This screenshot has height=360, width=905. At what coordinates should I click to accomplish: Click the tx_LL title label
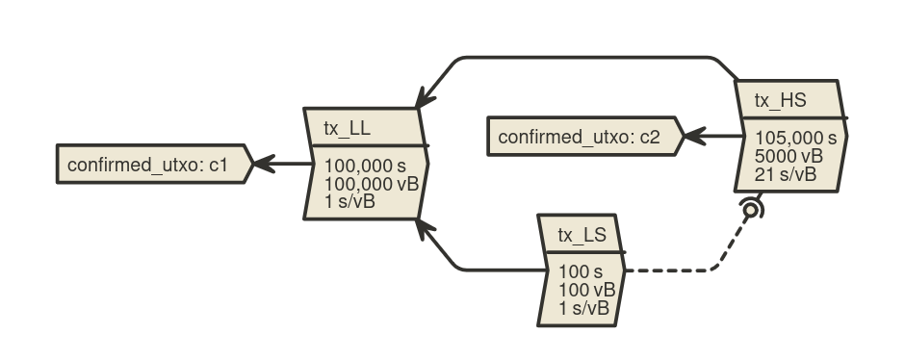(347, 128)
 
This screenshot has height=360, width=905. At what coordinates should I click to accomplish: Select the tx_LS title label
(582, 235)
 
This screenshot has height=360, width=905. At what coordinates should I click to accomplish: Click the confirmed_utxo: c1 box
(154, 164)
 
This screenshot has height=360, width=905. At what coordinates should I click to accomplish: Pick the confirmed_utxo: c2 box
(585, 136)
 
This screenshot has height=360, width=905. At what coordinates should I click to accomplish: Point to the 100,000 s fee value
(365, 167)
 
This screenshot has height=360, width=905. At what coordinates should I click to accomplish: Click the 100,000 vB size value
(371, 184)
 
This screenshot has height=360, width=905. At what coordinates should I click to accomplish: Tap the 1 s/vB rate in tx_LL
(349, 202)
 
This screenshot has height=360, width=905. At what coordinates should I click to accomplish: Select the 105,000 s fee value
(795, 138)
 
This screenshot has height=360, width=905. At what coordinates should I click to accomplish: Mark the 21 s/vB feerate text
(786, 173)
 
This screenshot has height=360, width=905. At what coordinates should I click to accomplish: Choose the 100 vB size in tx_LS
(587, 290)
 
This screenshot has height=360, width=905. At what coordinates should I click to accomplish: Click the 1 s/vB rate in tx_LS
(583, 307)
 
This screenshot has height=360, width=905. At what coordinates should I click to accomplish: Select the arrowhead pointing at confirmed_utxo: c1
(265, 164)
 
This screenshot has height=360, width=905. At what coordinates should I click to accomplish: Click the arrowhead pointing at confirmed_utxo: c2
(695, 136)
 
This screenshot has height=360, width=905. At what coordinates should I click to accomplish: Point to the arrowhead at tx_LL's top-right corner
(425, 98)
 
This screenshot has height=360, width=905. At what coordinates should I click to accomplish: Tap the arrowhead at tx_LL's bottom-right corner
(425, 228)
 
